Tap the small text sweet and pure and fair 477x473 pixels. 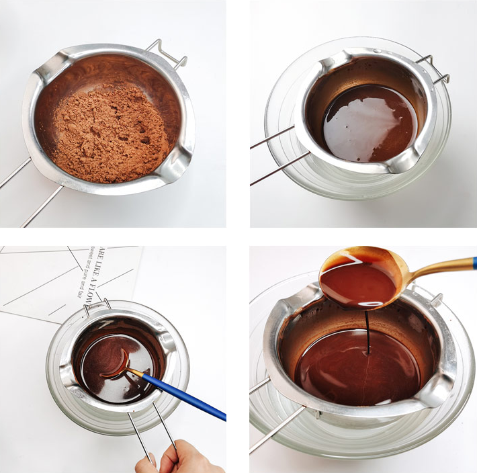coord(85,272)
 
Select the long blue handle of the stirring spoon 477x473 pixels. coord(181,396)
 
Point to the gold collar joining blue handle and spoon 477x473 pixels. coord(135,372)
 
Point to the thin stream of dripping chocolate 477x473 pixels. coord(367,333)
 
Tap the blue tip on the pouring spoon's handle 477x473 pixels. coord(474,263)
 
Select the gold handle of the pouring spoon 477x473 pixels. coord(437,268)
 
